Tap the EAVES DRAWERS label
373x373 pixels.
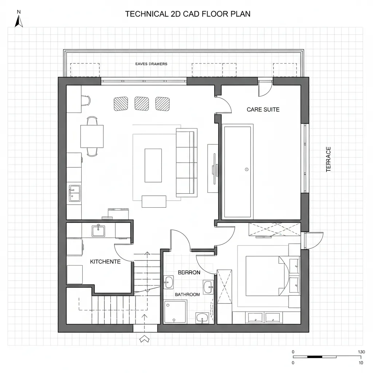tap(151, 64)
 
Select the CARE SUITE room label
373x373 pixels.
tap(263, 109)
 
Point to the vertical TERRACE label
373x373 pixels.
tap(329, 159)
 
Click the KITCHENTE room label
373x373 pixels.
tap(105, 262)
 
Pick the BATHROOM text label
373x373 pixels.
tap(187, 294)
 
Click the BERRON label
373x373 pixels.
tap(189, 272)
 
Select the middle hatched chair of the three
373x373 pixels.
tap(142, 103)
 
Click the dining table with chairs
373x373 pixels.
tap(92, 136)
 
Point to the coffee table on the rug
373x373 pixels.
tap(153, 165)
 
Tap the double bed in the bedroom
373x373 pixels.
tap(264, 276)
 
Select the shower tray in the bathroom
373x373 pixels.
tap(175, 311)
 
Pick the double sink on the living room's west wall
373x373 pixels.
tap(75, 193)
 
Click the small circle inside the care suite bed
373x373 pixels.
tap(247, 169)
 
